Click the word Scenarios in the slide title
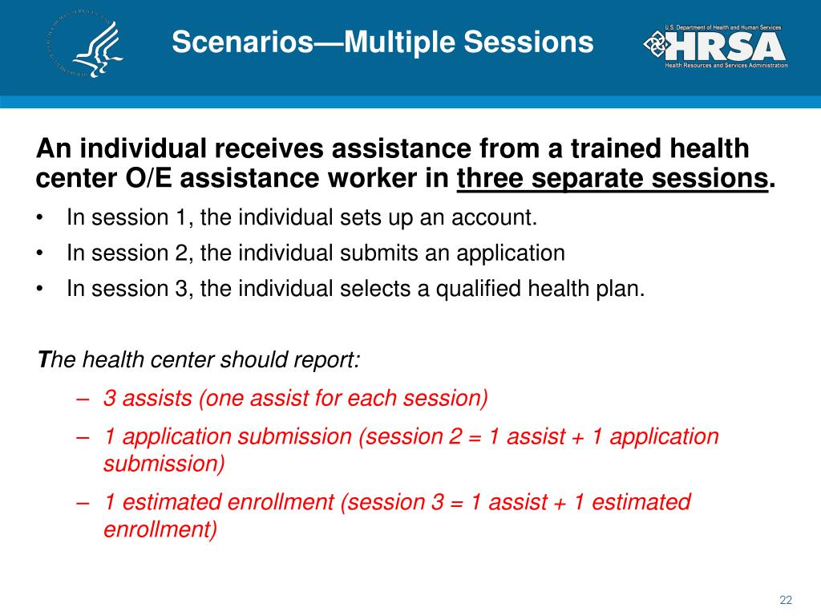pos(242,42)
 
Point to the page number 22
pos(786,600)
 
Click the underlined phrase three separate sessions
pos(612,178)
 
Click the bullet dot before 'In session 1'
pos(40,218)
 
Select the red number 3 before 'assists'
pos(109,398)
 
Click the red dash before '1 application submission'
pos(83,437)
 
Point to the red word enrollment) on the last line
pos(160,529)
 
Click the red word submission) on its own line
pos(164,464)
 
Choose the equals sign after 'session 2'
pos(475,438)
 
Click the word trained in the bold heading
pos(610,148)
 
